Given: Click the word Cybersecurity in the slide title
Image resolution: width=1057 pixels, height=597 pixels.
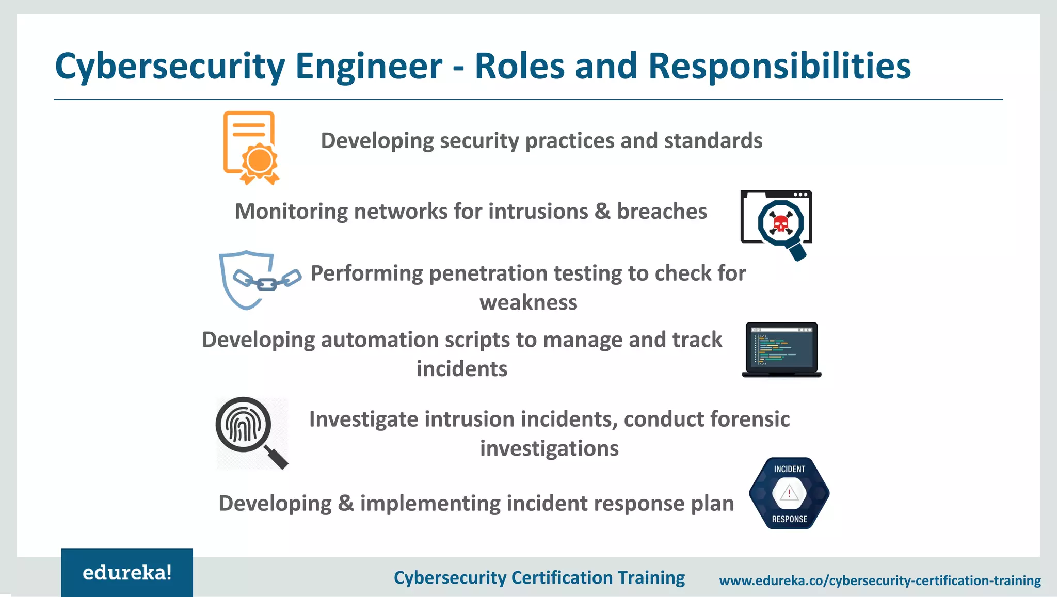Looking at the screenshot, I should [170, 67].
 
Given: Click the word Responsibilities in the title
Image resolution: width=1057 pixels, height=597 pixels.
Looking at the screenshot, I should [779, 67].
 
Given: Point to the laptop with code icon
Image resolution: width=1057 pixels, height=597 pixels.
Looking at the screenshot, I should [781, 349].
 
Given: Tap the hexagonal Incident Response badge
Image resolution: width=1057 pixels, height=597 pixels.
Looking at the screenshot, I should [789, 493].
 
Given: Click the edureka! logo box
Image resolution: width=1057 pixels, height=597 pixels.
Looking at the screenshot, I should [127, 572].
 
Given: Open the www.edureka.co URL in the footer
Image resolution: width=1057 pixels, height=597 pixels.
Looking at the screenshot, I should [880, 580].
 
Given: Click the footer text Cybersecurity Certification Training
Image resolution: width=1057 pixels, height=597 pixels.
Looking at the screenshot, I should [539, 577].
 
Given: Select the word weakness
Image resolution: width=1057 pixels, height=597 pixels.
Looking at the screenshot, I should [528, 302].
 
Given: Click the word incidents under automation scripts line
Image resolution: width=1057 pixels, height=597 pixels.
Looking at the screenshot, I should [462, 369].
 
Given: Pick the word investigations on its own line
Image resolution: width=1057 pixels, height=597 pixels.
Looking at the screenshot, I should [549, 448].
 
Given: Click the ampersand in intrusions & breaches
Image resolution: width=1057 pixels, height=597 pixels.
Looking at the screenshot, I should [602, 212].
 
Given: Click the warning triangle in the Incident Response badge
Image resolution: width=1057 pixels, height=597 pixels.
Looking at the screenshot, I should [789, 494].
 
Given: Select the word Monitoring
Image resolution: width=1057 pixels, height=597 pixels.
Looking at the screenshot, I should [291, 212].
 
